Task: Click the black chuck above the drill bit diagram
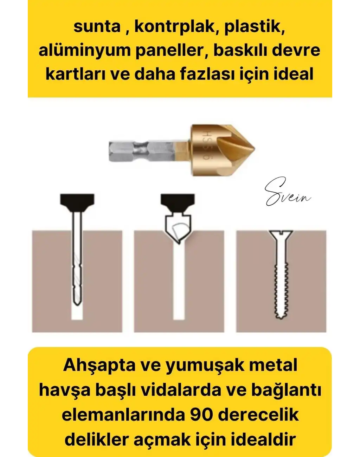[x=77, y=201]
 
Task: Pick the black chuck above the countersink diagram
[x=178, y=201]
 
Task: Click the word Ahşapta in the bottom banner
[x=99, y=365]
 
